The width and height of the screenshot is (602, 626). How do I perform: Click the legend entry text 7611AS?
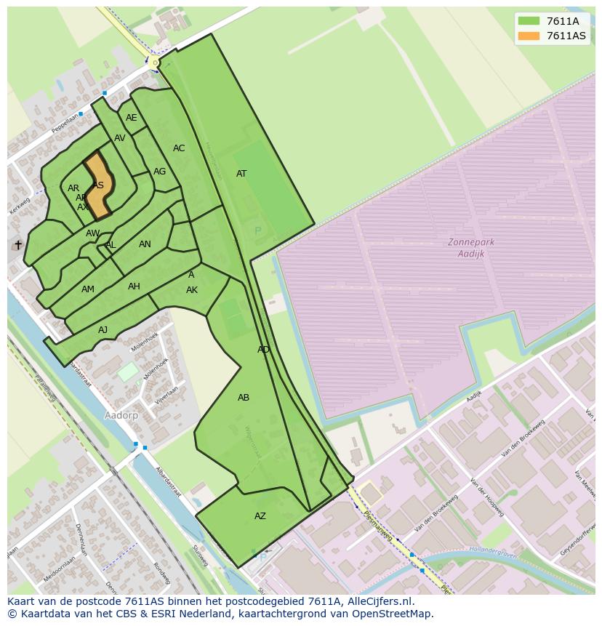click(566, 36)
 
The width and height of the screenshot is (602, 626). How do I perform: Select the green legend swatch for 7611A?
click(529, 21)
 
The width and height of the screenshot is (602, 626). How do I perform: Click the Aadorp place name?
click(121, 415)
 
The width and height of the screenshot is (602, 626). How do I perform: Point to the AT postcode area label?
click(241, 174)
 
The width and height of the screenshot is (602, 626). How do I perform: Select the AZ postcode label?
click(260, 516)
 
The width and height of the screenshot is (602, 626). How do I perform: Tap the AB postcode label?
click(244, 398)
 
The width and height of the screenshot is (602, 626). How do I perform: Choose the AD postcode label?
click(263, 350)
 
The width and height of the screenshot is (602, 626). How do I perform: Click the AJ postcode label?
click(103, 330)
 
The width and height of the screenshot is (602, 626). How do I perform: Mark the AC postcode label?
click(179, 148)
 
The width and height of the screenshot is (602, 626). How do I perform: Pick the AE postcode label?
click(131, 118)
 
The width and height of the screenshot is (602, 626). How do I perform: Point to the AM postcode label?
click(88, 289)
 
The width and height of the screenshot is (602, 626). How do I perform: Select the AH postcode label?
click(134, 286)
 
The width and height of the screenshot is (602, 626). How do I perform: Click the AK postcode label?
click(192, 290)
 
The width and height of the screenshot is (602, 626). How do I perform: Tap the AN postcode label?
click(145, 244)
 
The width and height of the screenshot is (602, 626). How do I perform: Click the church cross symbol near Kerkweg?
click(18, 245)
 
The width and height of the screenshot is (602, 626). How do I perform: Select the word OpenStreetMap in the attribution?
click(393, 614)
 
